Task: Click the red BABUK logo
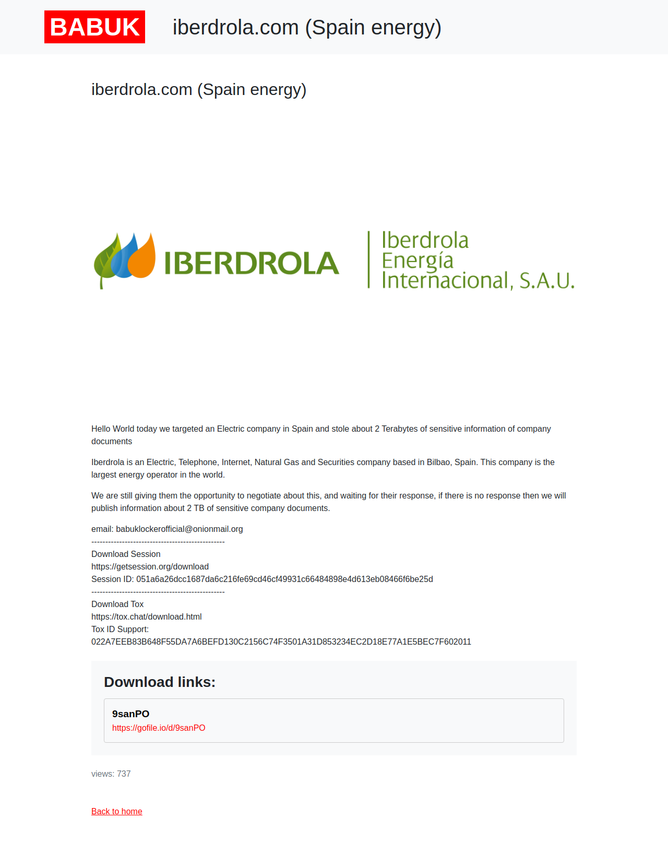click(94, 27)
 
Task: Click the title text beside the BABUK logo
click(307, 28)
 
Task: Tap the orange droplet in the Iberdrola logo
click(142, 257)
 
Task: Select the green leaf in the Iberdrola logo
click(106, 261)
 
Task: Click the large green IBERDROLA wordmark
click(252, 263)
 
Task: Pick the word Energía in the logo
click(417, 260)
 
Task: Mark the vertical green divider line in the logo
click(368, 259)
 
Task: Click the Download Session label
click(126, 554)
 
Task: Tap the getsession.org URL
click(150, 566)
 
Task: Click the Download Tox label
click(117, 604)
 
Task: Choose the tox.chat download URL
click(146, 616)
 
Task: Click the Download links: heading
click(160, 682)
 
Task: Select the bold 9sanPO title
click(130, 714)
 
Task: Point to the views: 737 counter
click(111, 774)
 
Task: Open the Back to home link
click(117, 811)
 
